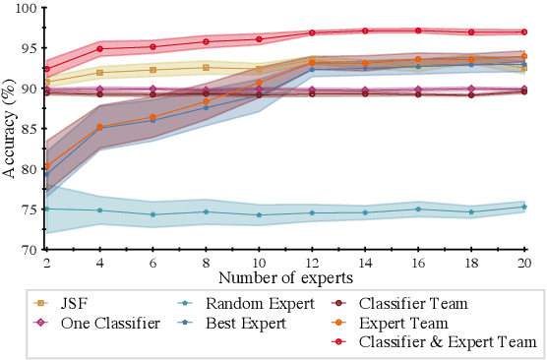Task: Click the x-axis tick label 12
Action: [312, 263]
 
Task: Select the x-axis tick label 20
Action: [523, 263]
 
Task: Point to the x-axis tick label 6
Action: [152, 263]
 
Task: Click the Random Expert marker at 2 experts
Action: [46, 209]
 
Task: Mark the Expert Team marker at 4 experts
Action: [99, 127]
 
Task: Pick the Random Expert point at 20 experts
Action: [523, 207]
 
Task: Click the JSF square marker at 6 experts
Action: [152, 70]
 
